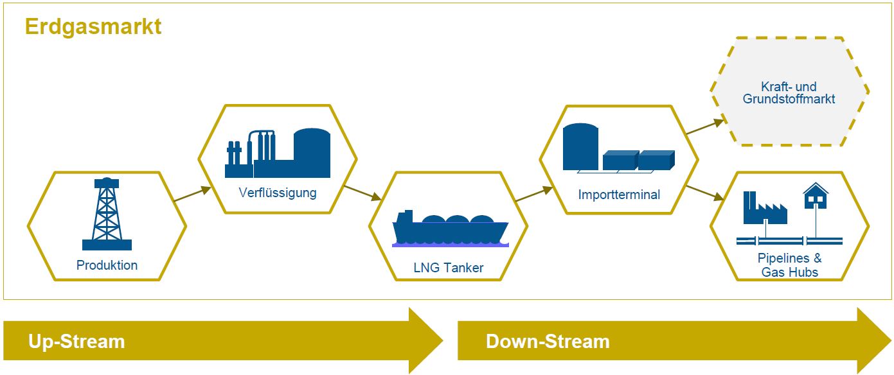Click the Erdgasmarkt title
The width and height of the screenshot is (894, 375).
[93, 27]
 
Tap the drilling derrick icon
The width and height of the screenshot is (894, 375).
[107, 214]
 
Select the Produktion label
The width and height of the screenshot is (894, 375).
[107, 265]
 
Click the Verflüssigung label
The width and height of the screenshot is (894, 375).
[278, 193]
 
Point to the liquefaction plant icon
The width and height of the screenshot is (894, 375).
[278, 153]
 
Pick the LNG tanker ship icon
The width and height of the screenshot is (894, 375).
[450, 229]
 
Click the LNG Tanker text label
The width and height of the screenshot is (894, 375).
[449, 268]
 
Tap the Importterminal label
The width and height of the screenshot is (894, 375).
[619, 195]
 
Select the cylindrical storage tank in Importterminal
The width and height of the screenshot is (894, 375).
[581, 147]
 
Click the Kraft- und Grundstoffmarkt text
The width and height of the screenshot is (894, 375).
[789, 92]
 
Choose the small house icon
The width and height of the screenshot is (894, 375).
[816, 196]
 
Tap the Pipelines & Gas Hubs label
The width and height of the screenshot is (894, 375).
[789, 265]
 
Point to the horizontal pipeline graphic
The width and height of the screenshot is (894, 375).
[789, 241]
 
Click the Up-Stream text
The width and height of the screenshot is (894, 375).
[76, 342]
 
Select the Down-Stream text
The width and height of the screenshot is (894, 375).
[548, 342]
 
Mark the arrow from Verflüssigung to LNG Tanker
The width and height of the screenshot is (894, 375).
[362, 193]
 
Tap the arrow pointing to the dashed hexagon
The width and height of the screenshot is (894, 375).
[705, 126]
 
